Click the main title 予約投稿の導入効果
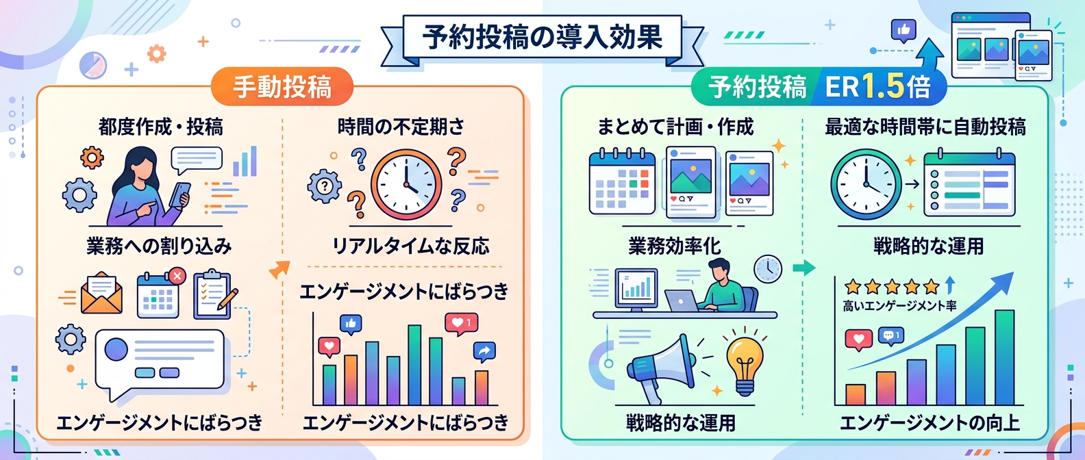tap(542, 38)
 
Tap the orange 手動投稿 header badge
tap(282, 87)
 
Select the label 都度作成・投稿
tap(161, 127)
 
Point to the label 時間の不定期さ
tap(401, 127)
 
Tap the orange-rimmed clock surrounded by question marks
tap(406, 185)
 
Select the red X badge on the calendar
tap(177, 277)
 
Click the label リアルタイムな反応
tap(411, 246)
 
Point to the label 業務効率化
tap(675, 246)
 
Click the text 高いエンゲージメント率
tap(899, 306)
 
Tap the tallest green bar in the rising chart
tap(1004, 357)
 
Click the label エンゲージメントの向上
tap(930, 423)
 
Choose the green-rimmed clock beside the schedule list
tap(866, 185)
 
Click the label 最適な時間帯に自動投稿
tap(925, 127)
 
